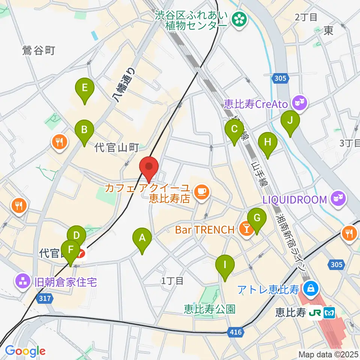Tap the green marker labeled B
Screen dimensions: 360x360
pyautogui.click(x=84, y=130)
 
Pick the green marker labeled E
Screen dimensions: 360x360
pyautogui.click(x=84, y=89)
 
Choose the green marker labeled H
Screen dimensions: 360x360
pyautogui.click(x=268, y=143)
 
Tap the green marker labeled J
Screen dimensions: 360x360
pyautogui.click(x=290, y=121)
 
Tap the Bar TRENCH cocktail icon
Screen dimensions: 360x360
pyautogui.click(x=246, y=229)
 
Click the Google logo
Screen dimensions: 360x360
pyautogui.click(x=25, y=351)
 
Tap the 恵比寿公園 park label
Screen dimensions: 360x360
pyautogui.click(x=210, y=309)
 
